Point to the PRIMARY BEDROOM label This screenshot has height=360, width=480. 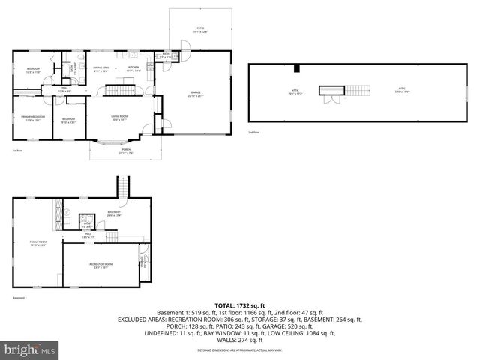point(33,118)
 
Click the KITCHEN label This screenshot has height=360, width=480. point(134,67)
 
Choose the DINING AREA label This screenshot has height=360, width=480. point(101,67)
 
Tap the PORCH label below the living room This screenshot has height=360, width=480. point(126,151)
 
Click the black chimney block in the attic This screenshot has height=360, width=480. point(297,69)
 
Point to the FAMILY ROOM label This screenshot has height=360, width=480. point(37,242)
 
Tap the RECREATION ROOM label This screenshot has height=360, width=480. point(101,265)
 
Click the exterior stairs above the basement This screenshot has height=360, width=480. point(122,187)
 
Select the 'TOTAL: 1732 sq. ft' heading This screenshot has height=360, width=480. point(241,306)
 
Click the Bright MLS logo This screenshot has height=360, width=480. point(29,349)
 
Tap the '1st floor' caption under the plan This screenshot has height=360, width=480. point(16,151)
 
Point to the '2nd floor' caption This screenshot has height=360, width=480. point(253,132)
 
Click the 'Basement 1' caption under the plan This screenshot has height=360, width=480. point(20,298)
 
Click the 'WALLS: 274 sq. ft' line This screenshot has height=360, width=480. point(240,340)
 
